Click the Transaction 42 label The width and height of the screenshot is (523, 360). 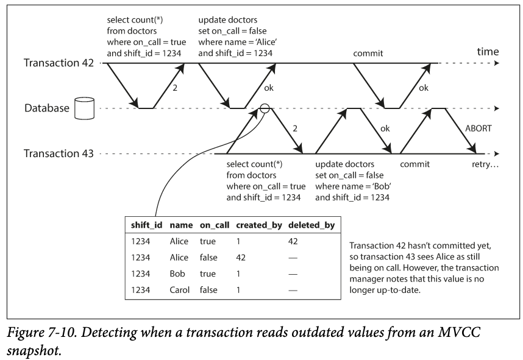(x=59, y=63)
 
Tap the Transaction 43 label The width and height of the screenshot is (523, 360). (x=59, y=154)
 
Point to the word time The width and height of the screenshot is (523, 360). (x=488, y=52)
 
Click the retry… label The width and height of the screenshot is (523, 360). (x=485, y=164)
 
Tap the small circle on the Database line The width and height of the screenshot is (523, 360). (x=264, y=109)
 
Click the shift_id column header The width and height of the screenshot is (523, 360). (x=146, y=225)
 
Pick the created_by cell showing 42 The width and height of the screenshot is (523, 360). (x=242, y=258)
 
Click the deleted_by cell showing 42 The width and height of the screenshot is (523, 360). (x=294, y=241)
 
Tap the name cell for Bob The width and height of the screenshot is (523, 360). (x=177, y=274)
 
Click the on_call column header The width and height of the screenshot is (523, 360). (x=214, y=225)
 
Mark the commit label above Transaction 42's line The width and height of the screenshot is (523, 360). (x=368, y=53)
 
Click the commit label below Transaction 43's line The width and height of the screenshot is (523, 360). (x=414, y=164)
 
